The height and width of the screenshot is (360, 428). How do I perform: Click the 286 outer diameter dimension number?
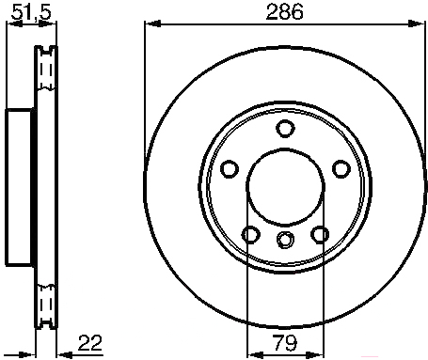(x=285, y=12)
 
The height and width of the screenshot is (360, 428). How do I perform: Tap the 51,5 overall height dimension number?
(x=31, y=12)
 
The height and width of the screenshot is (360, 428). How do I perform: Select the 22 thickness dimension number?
(x=90, y=343)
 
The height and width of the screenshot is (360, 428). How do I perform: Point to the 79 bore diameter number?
(x=285, y=343)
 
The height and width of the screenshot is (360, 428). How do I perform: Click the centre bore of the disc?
(x=285, y=187)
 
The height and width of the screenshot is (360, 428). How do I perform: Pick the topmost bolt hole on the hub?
(x=285, y=129)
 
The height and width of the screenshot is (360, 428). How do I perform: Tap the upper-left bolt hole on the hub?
(x=230, y=169)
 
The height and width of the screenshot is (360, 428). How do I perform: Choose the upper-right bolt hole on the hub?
(x=341, y=169)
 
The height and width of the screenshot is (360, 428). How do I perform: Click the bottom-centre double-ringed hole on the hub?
(x=285, y=240)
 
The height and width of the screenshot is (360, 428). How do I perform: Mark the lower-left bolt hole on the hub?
(x=251, y=234)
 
